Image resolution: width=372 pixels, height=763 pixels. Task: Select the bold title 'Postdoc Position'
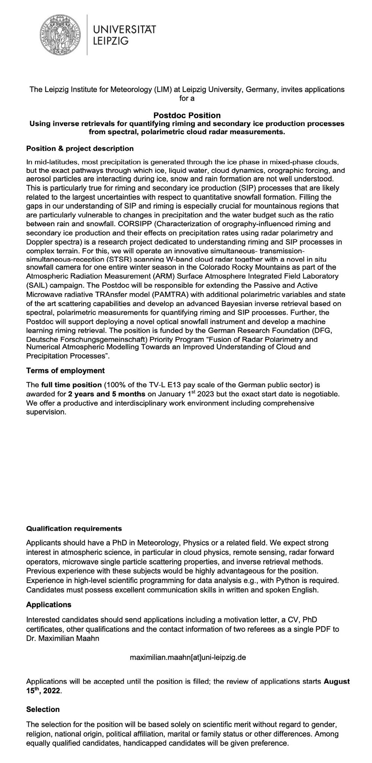pyautogui.click(x=187, y=115)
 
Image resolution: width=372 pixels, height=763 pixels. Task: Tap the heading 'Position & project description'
pyautogui.click(x=80, y=149)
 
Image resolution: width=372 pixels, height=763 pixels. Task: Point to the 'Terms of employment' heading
pyautogui.click(x=65, y=371)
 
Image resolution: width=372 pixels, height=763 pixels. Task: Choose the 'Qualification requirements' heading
pyautogui.click(x=74, y=529)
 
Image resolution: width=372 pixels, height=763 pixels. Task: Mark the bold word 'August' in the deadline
pyautogui.click(x=337, y=682)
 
